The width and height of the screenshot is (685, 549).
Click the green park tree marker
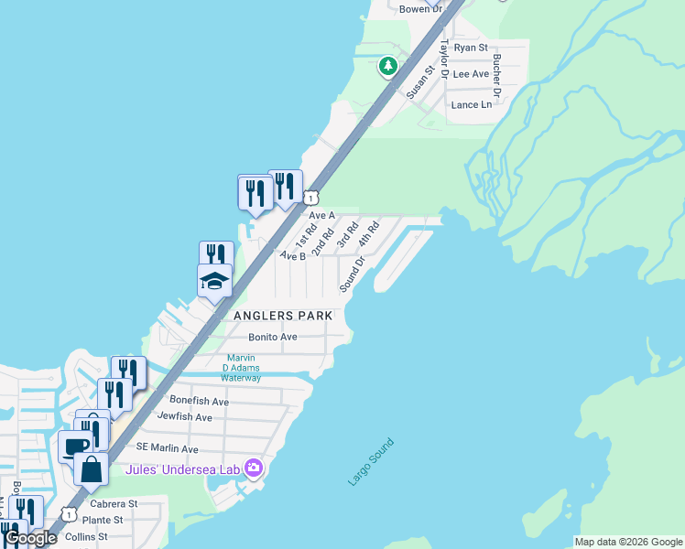388,66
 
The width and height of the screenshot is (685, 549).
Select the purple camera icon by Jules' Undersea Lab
253,468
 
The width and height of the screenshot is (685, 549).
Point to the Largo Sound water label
371,462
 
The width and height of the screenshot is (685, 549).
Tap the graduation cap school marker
214,280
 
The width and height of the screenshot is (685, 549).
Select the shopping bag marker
92,470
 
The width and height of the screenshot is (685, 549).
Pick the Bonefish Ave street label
199,401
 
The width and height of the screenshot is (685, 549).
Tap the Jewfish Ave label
184,417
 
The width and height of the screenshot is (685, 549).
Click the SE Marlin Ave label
167,448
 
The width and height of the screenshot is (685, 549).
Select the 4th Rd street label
369,234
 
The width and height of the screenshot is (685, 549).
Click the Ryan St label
471,48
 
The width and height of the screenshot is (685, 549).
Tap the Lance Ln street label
472,104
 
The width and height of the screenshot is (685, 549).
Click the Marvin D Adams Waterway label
242,368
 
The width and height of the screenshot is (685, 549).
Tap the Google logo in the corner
31,539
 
